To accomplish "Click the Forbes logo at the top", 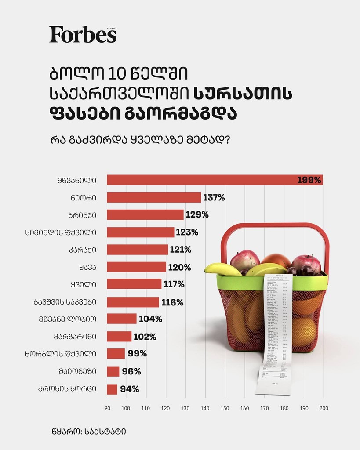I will (83, 34).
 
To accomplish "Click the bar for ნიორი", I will (154, 197).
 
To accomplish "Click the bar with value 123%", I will (141, 232).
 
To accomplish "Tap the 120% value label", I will (180, 267).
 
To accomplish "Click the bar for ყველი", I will (134, 284).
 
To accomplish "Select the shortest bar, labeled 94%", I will (112, 389).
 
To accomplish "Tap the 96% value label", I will (131, 371).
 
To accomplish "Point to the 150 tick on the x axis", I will (225, 408).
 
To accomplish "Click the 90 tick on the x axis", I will (107, 408).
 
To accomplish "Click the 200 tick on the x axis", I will (324, 408).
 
